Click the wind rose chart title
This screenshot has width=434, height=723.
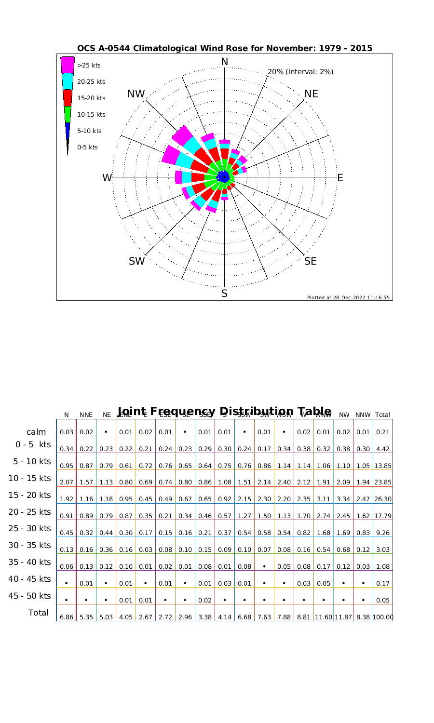[225, 49]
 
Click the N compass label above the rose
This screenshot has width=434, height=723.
[224, 62]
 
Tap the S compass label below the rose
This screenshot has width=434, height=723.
[224, 294]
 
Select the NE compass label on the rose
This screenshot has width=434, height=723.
[311, 94]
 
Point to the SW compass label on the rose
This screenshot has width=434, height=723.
[137, 262]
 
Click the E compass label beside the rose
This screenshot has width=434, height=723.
[339, 178]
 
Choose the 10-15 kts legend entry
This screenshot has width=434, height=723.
[91, 115]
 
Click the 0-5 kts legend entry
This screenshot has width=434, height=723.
[87, 147]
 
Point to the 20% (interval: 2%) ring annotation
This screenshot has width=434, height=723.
[300, 72]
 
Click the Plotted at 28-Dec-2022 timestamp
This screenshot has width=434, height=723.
[348, 297]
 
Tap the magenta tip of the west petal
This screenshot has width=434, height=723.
[178, 177]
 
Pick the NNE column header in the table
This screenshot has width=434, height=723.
[86, 415]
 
